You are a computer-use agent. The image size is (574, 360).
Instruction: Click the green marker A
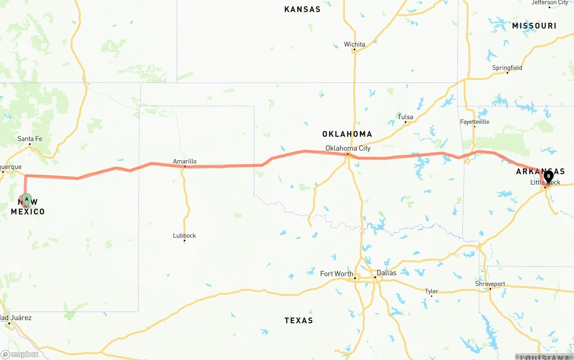pos(26,199)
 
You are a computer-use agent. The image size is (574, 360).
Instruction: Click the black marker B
pos(548,177)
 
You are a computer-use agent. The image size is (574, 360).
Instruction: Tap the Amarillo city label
pos(185,161)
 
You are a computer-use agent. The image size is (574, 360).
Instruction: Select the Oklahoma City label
pos(348,148)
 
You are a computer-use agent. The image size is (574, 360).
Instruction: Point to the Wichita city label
pos(354,44)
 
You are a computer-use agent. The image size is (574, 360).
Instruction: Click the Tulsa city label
pos(405,117)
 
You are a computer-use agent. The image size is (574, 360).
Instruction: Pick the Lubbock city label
pos(184,235)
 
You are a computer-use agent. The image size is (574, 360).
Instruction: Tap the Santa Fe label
pos(30,139)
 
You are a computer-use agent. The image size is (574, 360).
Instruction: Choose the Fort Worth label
pos(336,273)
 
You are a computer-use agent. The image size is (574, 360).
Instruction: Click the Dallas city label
pos(386,273)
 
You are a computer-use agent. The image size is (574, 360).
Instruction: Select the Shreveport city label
pos(490,284)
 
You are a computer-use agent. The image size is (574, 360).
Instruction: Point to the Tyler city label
pos(431,291)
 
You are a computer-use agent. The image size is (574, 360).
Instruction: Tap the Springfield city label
pos(507,68)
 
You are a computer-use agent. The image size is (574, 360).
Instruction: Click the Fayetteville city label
pos(474,121)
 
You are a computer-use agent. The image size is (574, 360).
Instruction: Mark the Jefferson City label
pos(549,3)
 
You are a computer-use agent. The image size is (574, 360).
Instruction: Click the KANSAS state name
pos(302,9)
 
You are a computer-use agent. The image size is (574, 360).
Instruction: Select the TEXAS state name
pos(299,320)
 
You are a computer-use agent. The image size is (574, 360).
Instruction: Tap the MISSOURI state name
pos(534,26)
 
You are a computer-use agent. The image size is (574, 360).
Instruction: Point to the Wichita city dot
pos(354,50)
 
